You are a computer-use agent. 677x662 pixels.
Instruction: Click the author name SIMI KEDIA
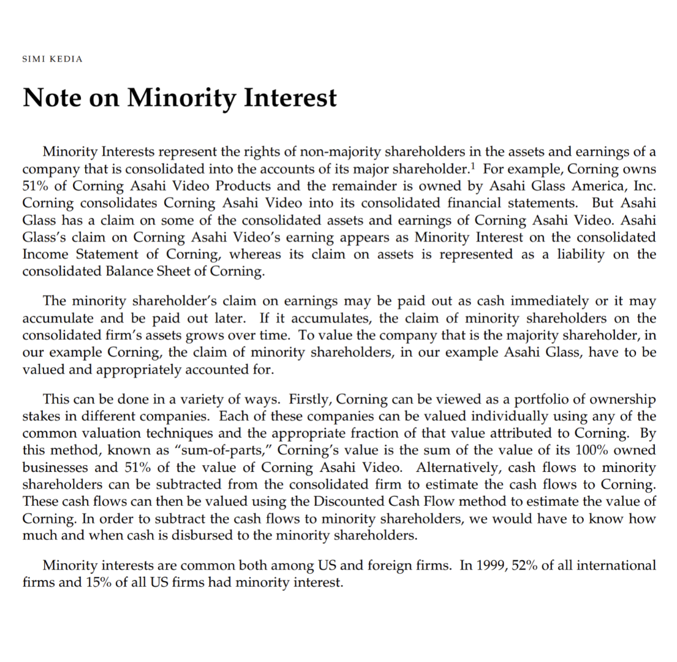pyautogui.click(x=52, y=59)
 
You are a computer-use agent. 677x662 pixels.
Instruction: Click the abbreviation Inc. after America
pyautogui.click(x=643, y=185)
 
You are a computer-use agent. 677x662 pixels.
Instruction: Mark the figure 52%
pyautogui.click(x=520, y=565)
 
